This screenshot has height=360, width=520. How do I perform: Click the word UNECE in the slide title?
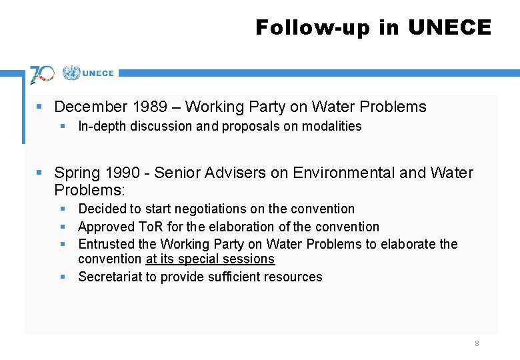pos(449,27)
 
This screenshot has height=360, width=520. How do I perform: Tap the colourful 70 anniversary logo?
pos(42,73)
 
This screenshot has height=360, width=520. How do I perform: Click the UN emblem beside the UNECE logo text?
pos(71,73)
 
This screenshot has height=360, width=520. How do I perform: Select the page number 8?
pos(477,343)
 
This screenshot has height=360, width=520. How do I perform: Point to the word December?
pos(91,107)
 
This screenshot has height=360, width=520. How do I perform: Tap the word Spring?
pos(77,173)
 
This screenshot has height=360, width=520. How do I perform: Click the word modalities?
pos(331,126)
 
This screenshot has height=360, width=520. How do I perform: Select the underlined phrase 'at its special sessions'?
pos(210,259)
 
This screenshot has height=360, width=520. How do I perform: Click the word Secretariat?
pos(109,277)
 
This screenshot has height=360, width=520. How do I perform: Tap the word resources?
pos(294,277)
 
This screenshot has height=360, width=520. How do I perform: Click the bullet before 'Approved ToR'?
pos(63,227)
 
